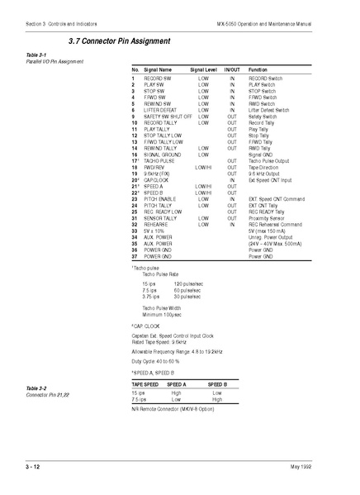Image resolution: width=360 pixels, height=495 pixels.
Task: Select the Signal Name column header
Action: pos(158,70)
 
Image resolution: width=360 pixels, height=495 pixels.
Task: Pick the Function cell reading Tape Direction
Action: pos(265,166)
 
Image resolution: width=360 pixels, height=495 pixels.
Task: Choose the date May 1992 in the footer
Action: pos(324,468)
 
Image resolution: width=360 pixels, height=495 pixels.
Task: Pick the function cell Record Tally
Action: pos(263,122)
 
